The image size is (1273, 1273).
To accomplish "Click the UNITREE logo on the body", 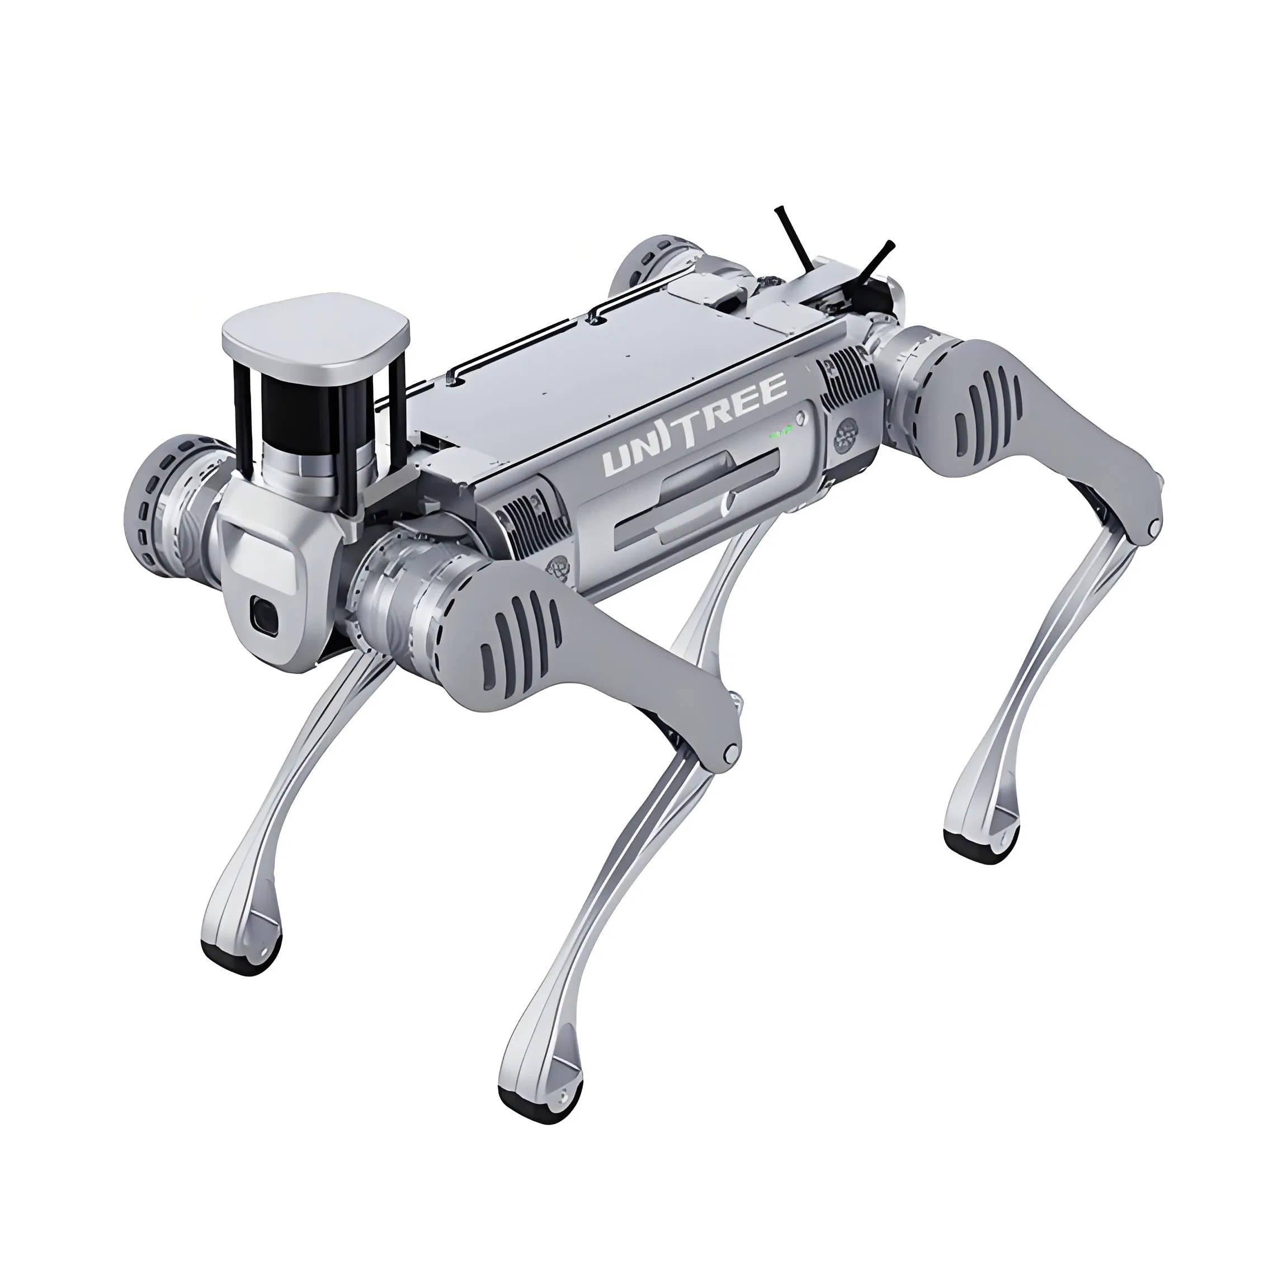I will [x=695, y=425].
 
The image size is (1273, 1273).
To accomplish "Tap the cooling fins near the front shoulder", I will [x=530, y=521].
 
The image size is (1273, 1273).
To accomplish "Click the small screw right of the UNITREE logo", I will [x=800, y=418].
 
